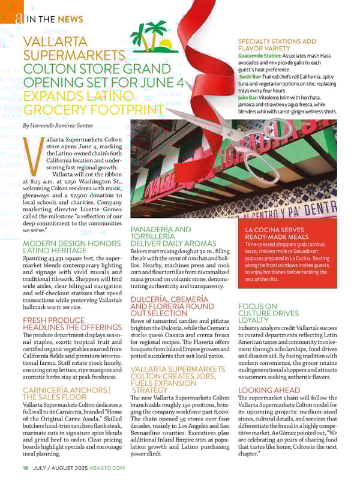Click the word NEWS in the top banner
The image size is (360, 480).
(71, 19)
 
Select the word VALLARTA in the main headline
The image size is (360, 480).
(55, 43)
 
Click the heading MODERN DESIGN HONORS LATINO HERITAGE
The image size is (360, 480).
(71, 246)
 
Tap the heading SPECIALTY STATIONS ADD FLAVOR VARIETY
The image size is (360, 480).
(277, 44)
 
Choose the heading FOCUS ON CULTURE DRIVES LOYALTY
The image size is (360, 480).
(268, 313)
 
